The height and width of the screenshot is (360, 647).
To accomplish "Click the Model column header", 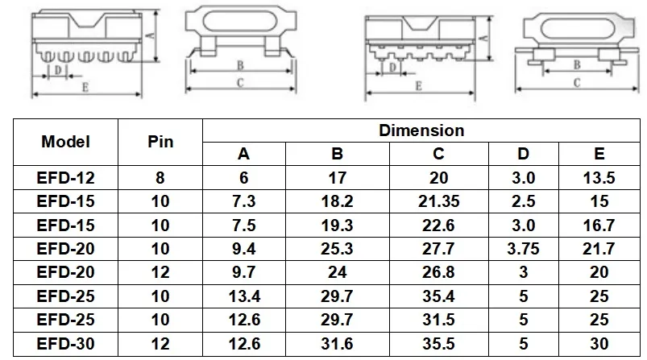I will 66,142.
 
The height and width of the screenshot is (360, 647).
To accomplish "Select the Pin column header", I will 160,142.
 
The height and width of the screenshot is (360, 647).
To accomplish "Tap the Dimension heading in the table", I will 421,130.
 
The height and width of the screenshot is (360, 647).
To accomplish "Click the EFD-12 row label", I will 66,178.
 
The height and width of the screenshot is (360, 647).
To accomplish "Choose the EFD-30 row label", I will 66,344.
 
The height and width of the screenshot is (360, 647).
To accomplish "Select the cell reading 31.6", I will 337,344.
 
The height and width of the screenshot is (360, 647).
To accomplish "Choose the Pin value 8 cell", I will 160,178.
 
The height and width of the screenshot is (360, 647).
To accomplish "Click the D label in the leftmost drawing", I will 57,70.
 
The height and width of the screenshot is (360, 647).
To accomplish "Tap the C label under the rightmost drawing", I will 578,82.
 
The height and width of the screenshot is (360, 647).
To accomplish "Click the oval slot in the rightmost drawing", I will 579,26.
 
